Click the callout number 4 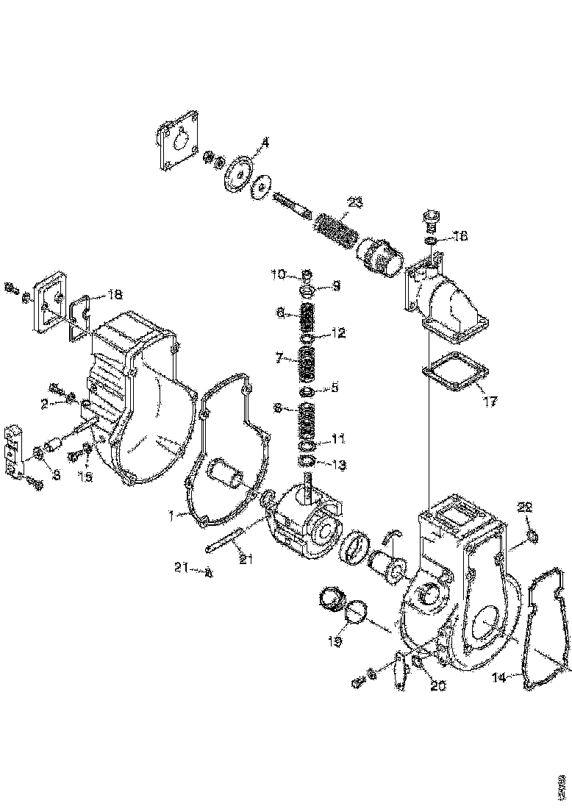click(265, 142)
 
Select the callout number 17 click(490, 402)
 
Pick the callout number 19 click(335, 641)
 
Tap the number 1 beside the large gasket click(170, 516)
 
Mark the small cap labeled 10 click(307, 276)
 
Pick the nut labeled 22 click(534, 536)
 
